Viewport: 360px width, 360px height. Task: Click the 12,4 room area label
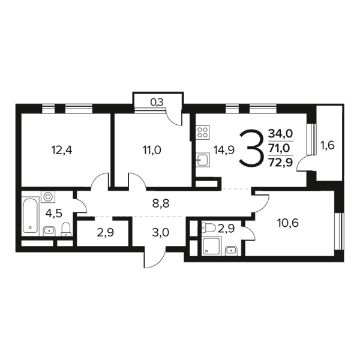click(62, 151)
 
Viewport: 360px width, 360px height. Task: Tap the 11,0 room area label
click(152, 151)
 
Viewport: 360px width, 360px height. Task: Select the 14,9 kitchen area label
click(224, 151)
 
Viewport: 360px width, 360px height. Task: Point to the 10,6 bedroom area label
click(288, 223)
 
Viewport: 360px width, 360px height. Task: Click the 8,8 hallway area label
click(161, 203)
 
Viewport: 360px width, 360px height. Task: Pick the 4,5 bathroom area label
click(54, 214)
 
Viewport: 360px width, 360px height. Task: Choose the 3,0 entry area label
click(161, 232)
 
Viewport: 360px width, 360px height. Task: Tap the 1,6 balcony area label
click(328, 146)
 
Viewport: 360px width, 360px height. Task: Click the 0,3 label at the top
click(157, 103)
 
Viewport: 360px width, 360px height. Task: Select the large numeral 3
click(250, 148)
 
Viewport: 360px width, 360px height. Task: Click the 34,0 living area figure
click(281, 133)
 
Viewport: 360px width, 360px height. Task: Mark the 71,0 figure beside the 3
click(280, 148)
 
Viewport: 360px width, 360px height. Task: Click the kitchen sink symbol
click(203, 160)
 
